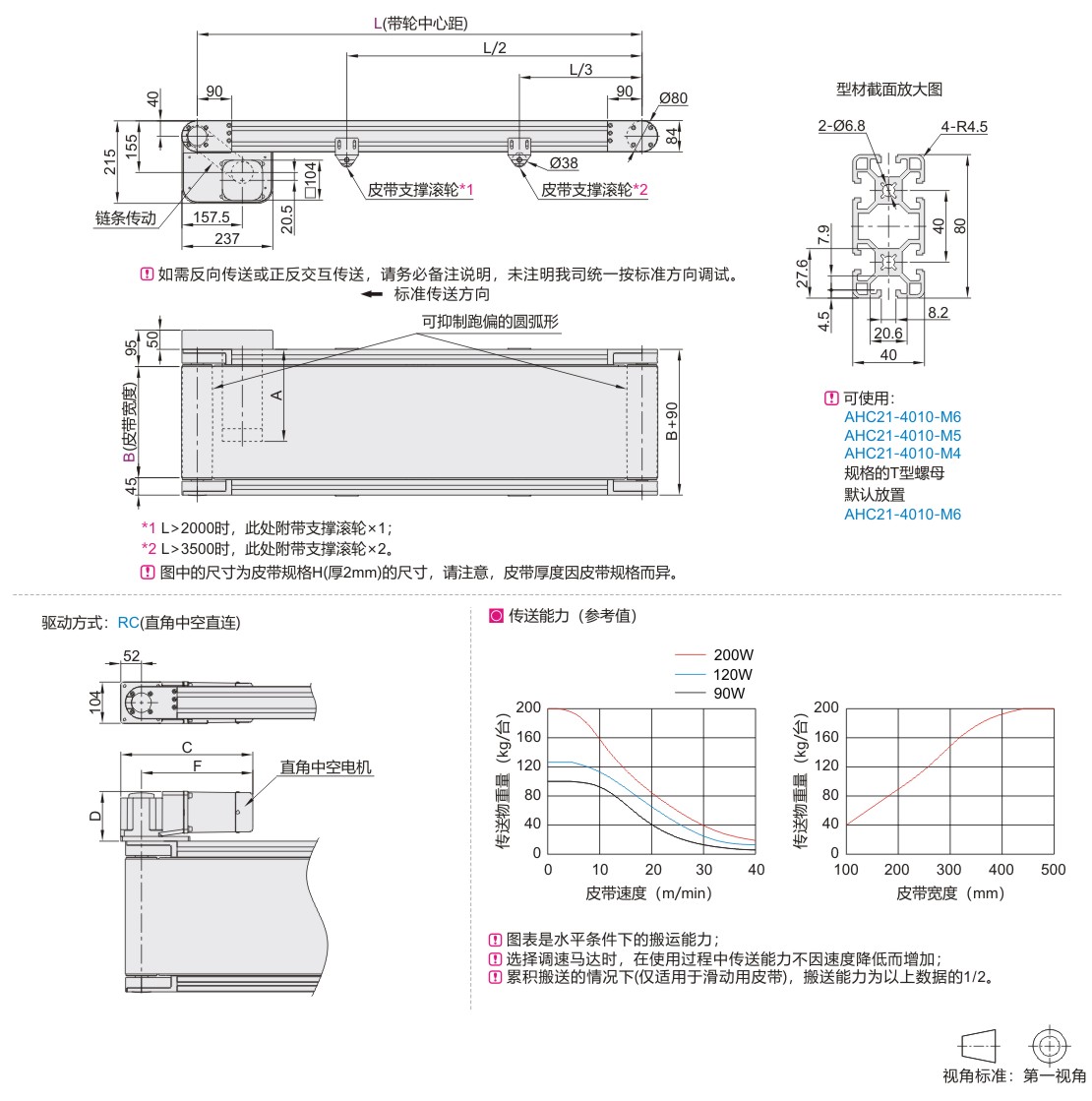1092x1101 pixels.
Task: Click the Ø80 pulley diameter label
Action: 674,98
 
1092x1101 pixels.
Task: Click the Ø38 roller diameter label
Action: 564,162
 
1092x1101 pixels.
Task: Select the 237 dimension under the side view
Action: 227,238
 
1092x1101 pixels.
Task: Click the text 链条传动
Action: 125,218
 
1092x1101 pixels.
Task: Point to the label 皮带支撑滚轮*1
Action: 421,189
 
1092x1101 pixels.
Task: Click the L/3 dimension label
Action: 580,70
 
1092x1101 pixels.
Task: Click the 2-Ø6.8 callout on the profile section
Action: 841,126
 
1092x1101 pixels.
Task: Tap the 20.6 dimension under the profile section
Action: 888,333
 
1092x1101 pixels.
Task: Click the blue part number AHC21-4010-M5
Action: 902,435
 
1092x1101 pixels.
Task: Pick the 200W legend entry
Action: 733,654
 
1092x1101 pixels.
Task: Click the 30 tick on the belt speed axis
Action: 703,870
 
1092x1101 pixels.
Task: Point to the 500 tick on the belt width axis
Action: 1053,870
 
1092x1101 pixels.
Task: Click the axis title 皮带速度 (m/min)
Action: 648,893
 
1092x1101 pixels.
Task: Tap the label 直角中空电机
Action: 326,767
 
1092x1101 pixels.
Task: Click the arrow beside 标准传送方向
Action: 371,294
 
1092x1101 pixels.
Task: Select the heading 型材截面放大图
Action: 889,90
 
